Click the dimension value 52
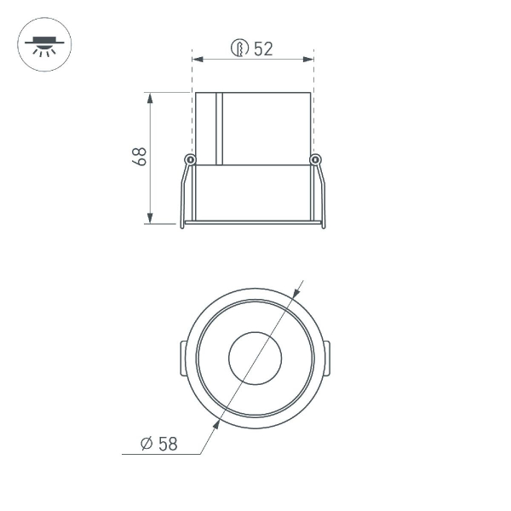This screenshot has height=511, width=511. [x=263, y=49]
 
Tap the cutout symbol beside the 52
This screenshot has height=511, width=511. [x=240, y=49]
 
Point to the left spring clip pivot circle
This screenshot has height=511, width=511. [x=190, y=159]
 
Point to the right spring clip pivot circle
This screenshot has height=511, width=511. [x=315, y=159]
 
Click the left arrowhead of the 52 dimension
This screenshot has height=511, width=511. [x=198, y=60]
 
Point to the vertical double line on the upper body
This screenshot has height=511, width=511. [x=219, y=128]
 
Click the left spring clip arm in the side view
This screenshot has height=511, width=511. [x=184, y=194]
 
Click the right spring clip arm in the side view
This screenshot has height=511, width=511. [x=321, y=194]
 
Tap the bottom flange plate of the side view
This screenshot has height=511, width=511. [x=253, y=223]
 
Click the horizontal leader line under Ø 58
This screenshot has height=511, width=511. [x=162, y=455]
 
